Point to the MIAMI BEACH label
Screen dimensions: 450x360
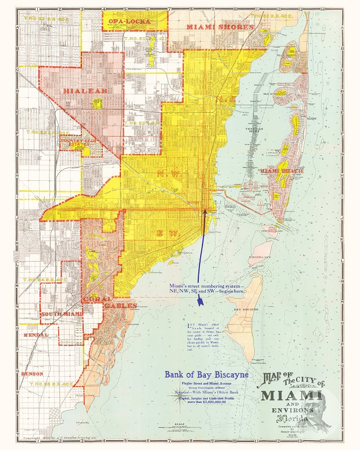tap(279, 171)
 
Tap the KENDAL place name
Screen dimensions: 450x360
tap(36, 335)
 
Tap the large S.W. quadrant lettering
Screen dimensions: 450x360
tap(165, 233)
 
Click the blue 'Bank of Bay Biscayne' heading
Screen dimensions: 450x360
tap(206, 375)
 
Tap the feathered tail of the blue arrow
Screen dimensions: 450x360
tap(199, 300)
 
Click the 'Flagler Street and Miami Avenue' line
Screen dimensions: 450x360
tap(206, 385)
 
